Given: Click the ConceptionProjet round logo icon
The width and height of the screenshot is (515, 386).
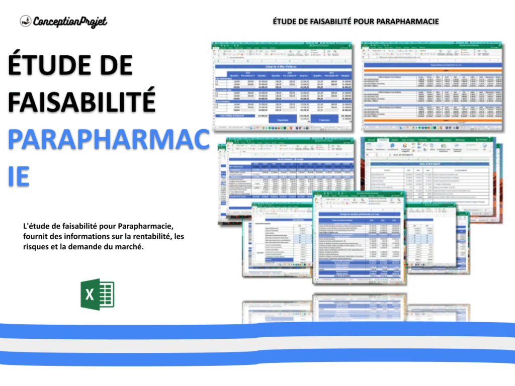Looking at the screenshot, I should click(x=26, y=21).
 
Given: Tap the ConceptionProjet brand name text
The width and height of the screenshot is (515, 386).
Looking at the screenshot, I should click(x=70, y=21).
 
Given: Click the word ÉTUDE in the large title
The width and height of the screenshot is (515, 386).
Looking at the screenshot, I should click(x=48, y=67).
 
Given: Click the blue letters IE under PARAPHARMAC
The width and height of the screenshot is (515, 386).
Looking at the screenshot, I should click(x=19, y=177).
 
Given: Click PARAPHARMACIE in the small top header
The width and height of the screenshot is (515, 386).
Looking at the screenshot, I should click(x=409, y=21).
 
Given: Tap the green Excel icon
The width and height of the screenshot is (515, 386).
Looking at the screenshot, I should click(x=98, y=294).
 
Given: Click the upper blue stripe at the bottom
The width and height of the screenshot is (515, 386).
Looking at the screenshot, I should click(x=257, y=330).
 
